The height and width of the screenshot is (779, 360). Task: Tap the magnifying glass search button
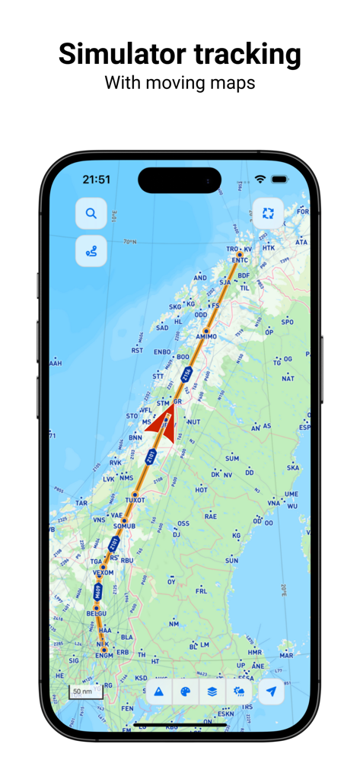tap(91, 214)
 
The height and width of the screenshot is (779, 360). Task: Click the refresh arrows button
tap(268, 214)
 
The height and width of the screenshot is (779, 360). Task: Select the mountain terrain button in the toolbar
tap(159, 692)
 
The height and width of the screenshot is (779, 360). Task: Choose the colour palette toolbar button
tap(184, 692)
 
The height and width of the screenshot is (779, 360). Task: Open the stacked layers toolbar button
tap(212, 692)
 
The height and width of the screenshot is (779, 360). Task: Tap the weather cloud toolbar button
tap(240, 692)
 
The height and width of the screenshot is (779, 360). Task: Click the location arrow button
tap(270, 692)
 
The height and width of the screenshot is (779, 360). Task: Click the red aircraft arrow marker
tap(161, 419)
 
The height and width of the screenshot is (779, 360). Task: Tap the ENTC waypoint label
tap(240, 260)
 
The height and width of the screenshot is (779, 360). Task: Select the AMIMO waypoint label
tap(206, 336)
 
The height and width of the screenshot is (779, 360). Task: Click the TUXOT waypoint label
tap(135, 500)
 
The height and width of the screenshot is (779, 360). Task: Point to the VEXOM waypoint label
tap(103, 573)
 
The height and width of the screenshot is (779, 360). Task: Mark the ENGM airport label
tap(104, 654)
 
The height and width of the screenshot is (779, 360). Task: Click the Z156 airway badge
tap(187, 375)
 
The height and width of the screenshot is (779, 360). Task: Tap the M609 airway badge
tap(98, 591)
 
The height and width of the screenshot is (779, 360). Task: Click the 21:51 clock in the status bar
tap(97, 180)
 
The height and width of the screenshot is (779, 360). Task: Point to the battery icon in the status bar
tap(279, 180)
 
